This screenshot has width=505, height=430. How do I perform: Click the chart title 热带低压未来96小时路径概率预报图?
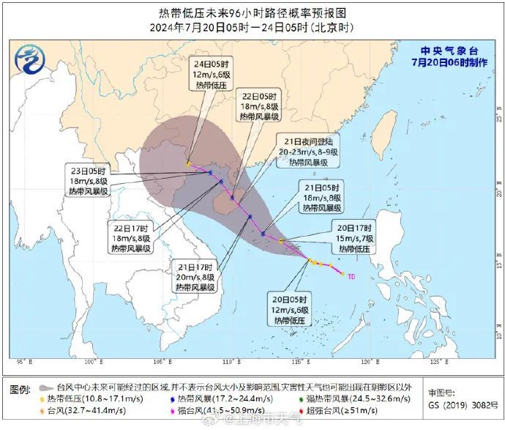click(x=252, y=13)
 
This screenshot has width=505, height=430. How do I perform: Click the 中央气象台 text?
click(x=449, y=51)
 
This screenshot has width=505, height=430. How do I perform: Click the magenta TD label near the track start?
click(x=351, y=277)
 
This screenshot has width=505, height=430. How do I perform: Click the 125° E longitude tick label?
click(x=435, y=362)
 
